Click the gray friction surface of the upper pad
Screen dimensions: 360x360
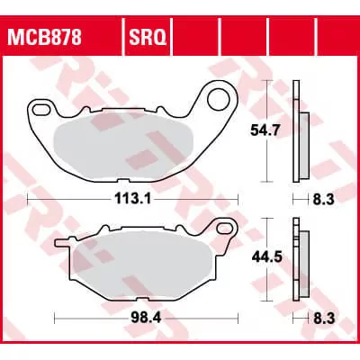(x=126, y=144)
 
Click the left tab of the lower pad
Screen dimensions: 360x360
(x=63, y=244)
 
